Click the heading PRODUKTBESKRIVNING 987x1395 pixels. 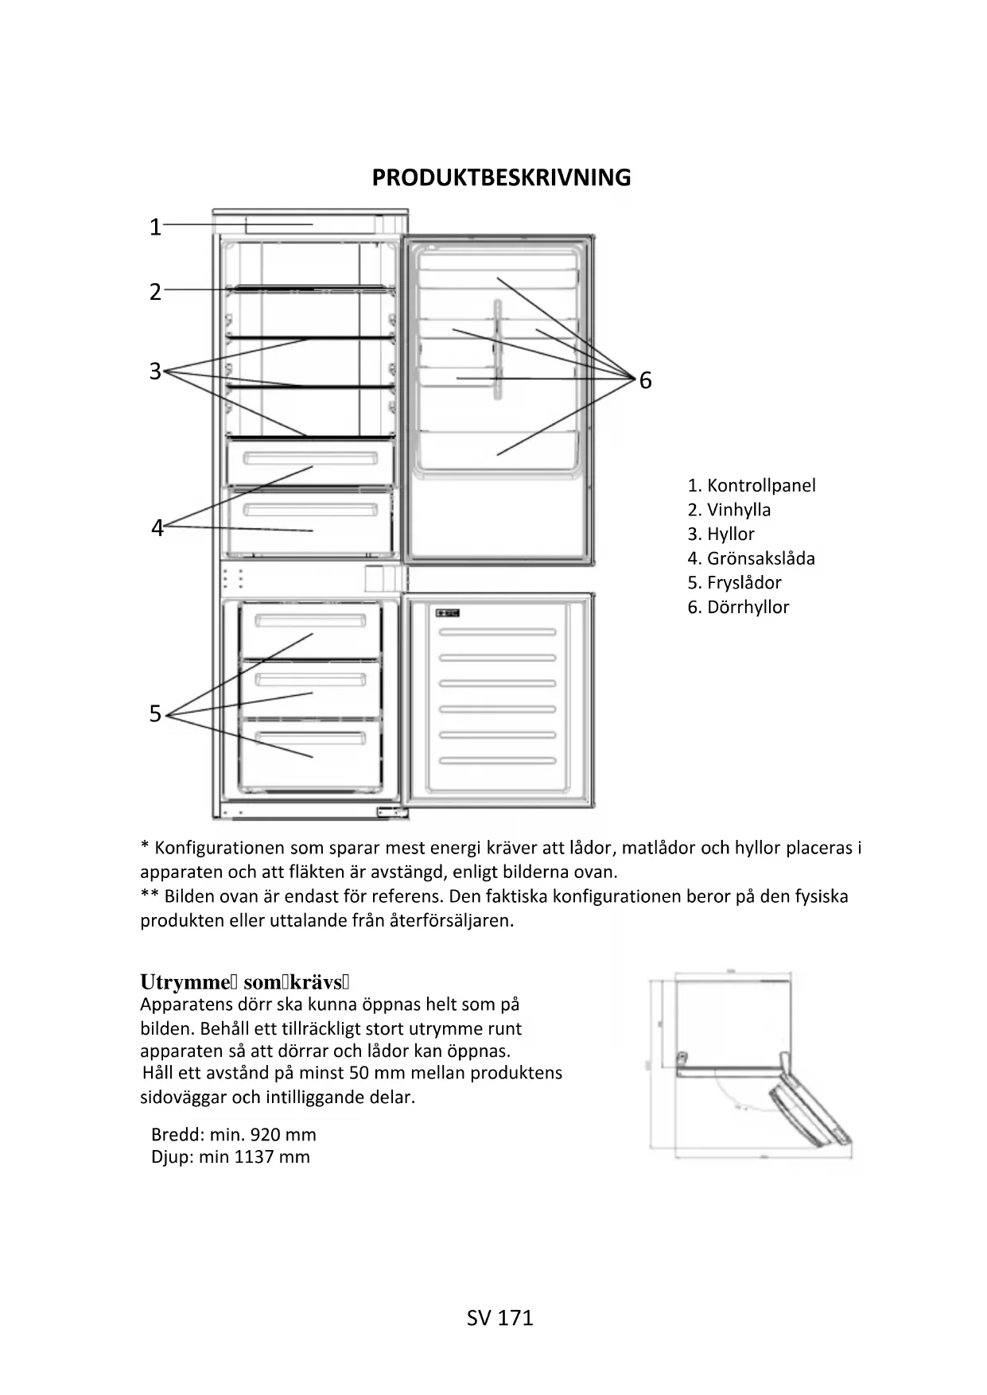click(x=501, y=177)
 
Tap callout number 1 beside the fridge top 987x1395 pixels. click(x=155, y=227)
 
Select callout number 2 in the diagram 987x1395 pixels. click(x=155, y=292)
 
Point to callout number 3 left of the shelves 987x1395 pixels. click(x=155, y=371)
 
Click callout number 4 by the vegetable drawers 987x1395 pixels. click(x=157, y=528)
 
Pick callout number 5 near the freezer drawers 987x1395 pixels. click(x=155, y=714)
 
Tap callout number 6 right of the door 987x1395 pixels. click(x=645, y=381)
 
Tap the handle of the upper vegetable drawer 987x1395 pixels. click(x=310, y=460)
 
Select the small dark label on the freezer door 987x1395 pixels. click(x=448, y=613)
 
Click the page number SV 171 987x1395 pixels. click(x=499, y=1318)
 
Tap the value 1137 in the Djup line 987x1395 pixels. click(x=254, y=1157)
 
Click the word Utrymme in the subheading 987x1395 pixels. click(x=185, y=982)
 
